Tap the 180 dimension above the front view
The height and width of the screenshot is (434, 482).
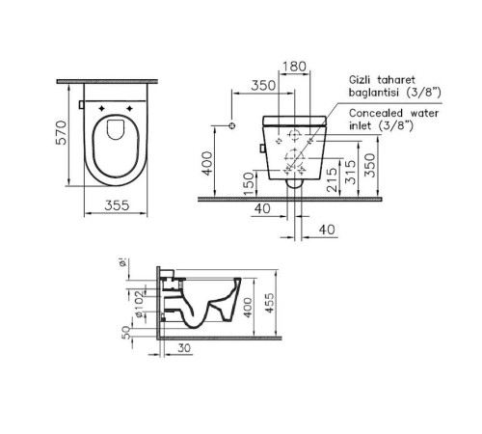[x=295, y=68]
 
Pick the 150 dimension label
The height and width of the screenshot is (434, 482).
[x=248, y=182]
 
